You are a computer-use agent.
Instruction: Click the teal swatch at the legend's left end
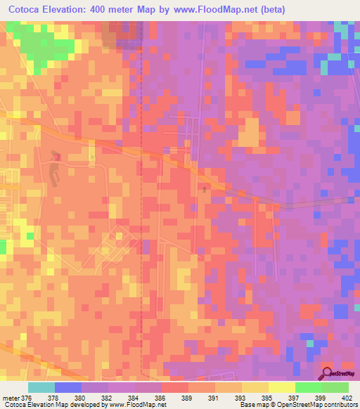41,387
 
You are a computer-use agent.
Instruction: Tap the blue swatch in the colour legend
67,387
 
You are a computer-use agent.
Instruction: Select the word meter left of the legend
11,397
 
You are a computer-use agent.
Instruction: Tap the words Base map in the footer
252,405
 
